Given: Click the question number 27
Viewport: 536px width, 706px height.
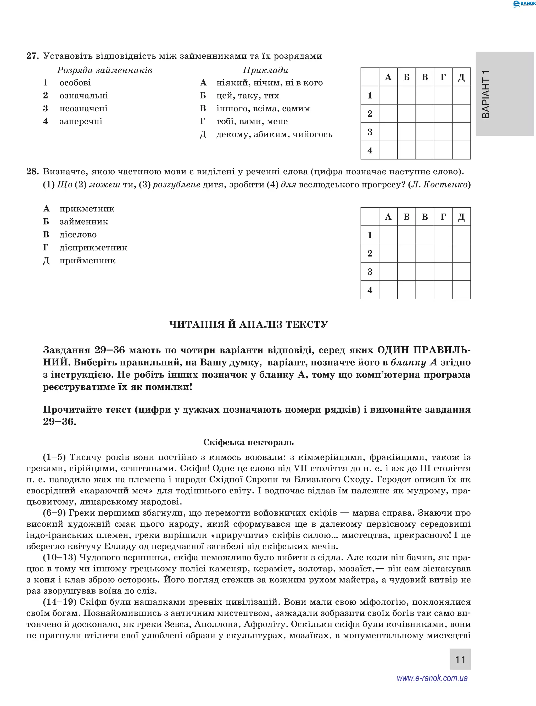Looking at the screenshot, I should (32, 56).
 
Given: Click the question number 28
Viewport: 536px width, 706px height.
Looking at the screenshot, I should (32, 172).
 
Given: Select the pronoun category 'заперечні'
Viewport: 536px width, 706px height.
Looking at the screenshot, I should (81, 122).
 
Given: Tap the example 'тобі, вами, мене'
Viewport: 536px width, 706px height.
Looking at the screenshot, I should (252, 122).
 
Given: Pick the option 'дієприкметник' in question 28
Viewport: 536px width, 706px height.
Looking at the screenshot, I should (93, 248).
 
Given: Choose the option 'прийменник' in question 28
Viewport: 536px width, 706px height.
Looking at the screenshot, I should (87, 261).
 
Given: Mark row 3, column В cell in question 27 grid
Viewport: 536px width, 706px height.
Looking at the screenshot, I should (425, 132).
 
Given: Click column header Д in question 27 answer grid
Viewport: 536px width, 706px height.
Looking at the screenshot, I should (461, 77).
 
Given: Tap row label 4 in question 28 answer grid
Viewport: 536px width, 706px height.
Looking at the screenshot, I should (370, 290).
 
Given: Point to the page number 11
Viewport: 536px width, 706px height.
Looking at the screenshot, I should (460, 659).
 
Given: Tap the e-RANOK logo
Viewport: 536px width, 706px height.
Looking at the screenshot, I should (523, 4).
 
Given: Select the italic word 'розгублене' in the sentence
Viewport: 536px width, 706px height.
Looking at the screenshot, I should (176, 185).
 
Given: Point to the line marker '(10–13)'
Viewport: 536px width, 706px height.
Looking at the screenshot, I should (60, 558).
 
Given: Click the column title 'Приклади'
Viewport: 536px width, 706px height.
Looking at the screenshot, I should (265, 70).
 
